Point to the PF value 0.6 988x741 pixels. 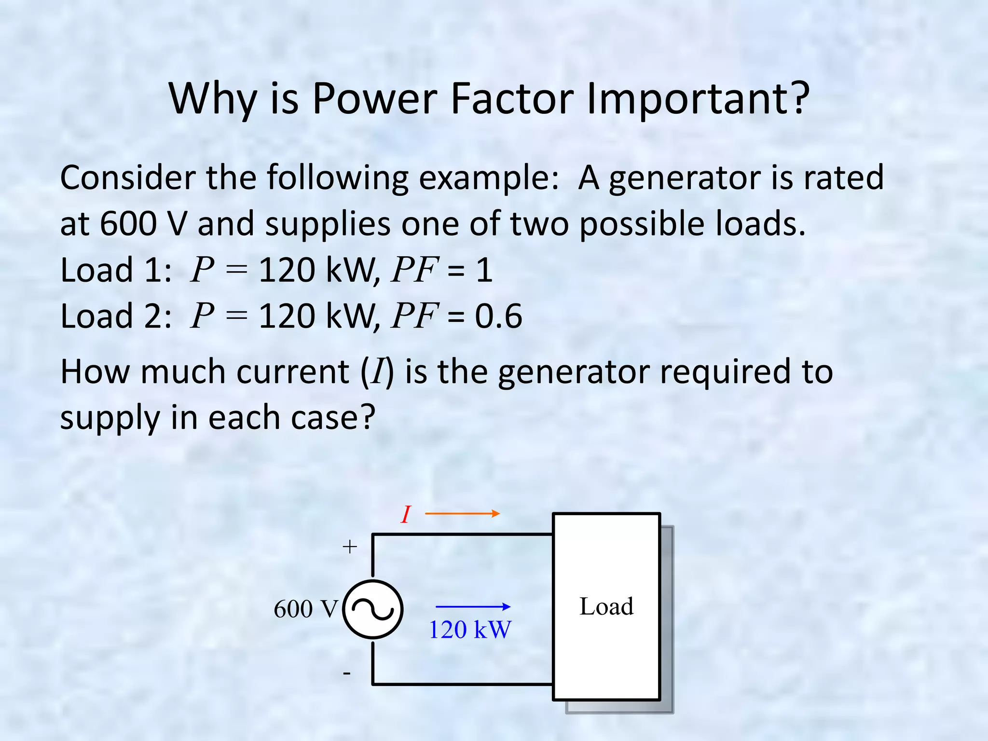498,316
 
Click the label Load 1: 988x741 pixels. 116,270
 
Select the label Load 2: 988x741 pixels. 116,316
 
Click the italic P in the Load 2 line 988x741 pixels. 202,316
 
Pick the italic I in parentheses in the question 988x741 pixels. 377,372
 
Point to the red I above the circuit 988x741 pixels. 406,515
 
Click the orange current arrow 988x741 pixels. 462,514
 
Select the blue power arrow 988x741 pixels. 473,607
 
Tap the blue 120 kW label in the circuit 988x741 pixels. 469,630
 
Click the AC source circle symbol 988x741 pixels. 372,610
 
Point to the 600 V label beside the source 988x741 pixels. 306,609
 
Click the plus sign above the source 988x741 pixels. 350,547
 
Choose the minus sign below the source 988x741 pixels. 347,673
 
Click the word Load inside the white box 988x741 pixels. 606,606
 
